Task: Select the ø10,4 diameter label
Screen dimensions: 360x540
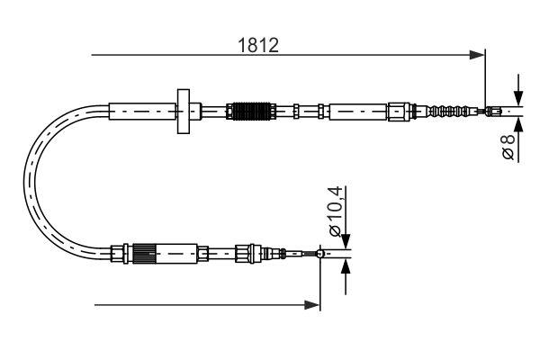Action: tap(335, 212)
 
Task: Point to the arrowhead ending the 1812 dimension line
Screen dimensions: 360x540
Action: tap(478, 56)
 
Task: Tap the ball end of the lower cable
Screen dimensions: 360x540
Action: tap(319, 254)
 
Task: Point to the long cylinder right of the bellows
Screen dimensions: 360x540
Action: tap(357, 112)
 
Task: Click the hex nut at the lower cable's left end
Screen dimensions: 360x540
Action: tap(114, 254)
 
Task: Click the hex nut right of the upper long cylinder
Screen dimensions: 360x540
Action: tap(397, 112)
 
